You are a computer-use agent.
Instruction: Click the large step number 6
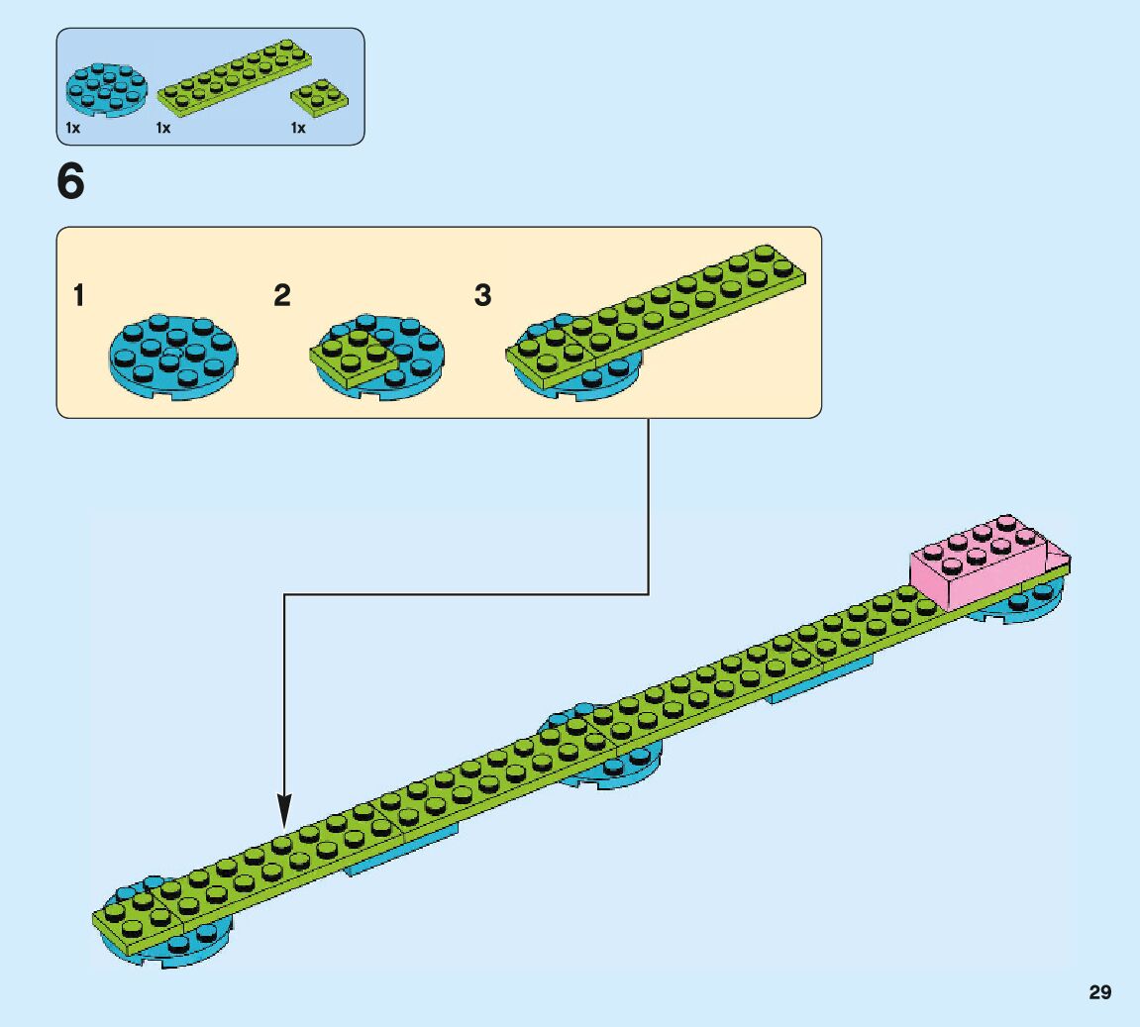(71, 183)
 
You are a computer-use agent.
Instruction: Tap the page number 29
(1099, 992)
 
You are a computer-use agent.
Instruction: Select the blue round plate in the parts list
(107, 89)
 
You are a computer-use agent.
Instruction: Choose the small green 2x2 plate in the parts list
(316, 97)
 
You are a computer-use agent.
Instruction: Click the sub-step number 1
(79, 295)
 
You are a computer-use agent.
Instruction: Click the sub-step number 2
(282, 295)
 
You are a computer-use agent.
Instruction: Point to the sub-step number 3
(482, 295)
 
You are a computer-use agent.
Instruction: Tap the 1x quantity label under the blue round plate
(72, 128)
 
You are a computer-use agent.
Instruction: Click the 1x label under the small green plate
(298, 128)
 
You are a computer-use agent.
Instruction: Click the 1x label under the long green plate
(163, 128)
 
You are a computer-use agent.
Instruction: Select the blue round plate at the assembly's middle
(614, 767)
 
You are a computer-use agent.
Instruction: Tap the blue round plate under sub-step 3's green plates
(584, 381)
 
